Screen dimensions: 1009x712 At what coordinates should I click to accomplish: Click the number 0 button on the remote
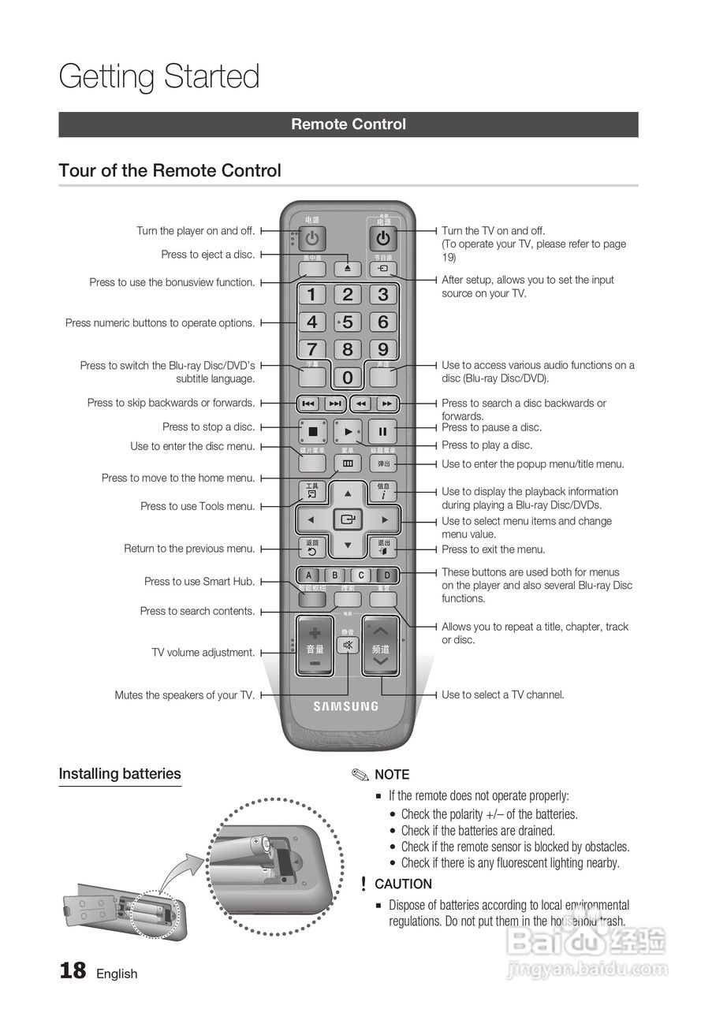[x=347, y=378]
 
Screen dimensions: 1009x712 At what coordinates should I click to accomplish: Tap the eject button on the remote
[x=347, y=269]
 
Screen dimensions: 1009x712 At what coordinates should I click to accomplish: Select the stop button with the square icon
[x=312, y=431]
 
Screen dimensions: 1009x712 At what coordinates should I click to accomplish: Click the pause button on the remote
[x=382, y=431]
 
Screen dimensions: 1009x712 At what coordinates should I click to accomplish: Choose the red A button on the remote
[x=310, y=575]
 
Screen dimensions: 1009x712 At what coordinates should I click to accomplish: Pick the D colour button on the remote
[x=386, y=575]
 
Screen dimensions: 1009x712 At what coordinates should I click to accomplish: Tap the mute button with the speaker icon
[x=347, y=645]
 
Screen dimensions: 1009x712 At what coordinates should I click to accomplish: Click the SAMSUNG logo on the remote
[x=346, y=706]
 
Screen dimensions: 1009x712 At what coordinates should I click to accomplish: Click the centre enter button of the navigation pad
[x=347, y=520]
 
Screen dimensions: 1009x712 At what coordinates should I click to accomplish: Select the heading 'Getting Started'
[x=159, y=76]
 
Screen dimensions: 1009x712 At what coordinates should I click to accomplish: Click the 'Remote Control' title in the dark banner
[x=349, y=125]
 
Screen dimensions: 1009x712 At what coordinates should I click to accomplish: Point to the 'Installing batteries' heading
[x=120, y=774]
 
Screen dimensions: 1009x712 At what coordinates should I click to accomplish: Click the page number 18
[x=73, y=970]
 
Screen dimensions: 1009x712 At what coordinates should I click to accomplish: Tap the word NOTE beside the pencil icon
[x=392, y=775]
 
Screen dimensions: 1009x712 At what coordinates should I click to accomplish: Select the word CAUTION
[x=403, y=884]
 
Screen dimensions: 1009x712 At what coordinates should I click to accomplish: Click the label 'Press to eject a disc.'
[x=208, y=255]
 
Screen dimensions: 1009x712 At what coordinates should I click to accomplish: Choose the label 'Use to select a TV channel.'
[x=503, y=694]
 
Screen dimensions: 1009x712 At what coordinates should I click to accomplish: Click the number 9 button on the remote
[x=382, y=349]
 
